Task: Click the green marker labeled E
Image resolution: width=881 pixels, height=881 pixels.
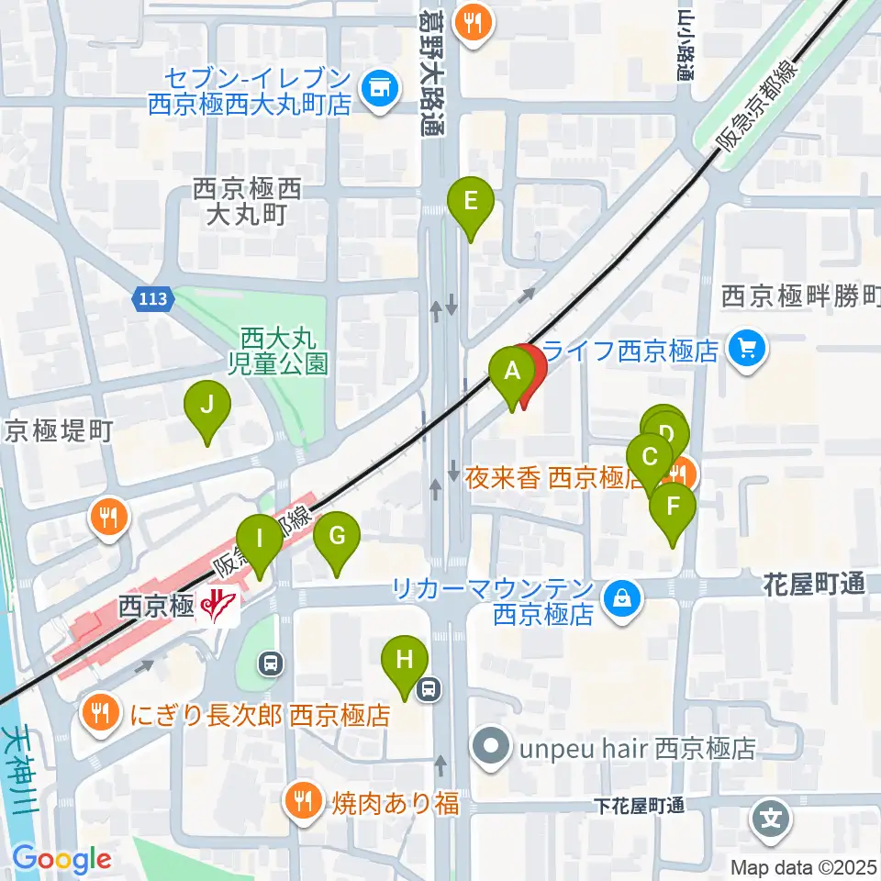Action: click(x=470, y=201)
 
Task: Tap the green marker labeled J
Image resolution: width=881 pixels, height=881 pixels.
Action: click(x=207, y=405)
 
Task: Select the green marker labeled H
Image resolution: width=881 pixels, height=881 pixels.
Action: click(x=404, y=660)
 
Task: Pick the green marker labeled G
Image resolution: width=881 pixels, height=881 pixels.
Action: click(x=337, y=536)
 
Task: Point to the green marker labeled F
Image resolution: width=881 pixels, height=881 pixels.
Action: click(x=673, y=507)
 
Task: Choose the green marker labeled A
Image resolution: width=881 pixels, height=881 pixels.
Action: click(x=512, y=374)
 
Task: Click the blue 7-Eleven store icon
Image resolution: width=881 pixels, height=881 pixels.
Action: click(x=379, y=88)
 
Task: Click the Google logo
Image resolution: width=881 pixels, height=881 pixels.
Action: click(x=61, y=859)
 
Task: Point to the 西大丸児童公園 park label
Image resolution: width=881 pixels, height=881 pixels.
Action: click(x=284, y=351)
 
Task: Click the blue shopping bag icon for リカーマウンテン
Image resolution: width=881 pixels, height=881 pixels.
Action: click(x=623, y=601)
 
